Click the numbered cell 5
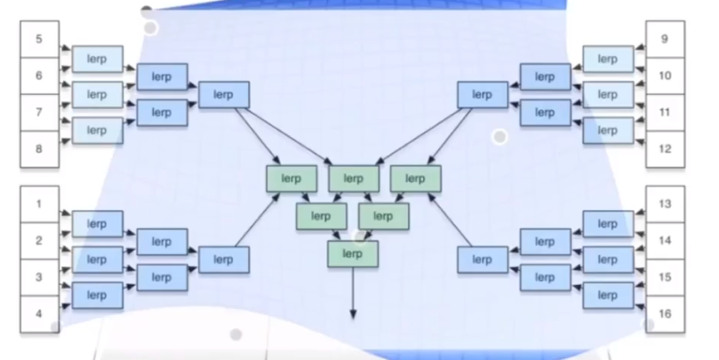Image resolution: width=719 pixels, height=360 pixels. (x=39, y=39)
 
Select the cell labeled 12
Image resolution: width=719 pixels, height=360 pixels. (x=665, y=149)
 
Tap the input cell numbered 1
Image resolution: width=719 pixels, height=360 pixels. (x=39, y=204)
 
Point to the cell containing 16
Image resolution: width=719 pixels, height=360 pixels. (x=665, y=314)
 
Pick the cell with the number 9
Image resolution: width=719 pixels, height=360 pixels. (x=665, y=39)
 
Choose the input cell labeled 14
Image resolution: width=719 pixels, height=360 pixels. (x=665, y=241)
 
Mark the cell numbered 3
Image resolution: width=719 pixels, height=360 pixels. (x=39, y=277)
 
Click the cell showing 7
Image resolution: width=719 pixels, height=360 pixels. (x=39, y=112)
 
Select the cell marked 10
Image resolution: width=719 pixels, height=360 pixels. (x=665, y=76)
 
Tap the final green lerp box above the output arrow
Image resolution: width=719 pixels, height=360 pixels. (x=352, y=254)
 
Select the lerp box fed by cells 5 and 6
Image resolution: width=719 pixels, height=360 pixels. (x=97, y=59)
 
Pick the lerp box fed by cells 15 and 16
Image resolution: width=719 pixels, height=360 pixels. (x=607, y=295)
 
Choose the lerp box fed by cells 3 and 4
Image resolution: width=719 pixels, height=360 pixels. (x=97, y=295)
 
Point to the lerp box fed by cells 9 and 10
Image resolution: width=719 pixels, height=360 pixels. (x=607, y=59)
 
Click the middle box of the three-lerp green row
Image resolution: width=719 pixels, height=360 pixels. (x=353, y=178)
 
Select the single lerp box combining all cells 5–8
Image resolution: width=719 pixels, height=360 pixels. (x=223, y=95)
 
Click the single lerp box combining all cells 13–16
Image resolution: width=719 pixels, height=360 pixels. (x=482, y=260)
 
